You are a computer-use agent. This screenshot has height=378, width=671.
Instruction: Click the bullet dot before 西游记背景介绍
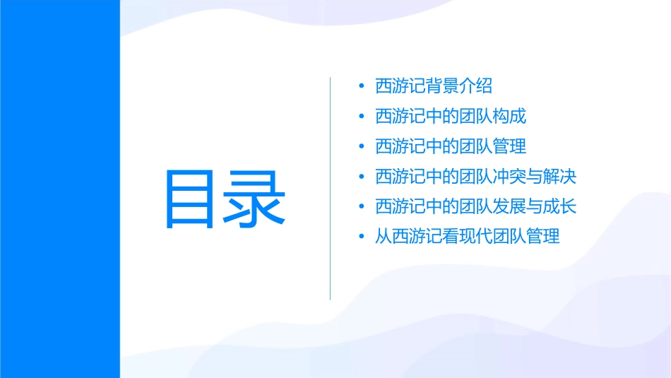pyautogui.click(x=362, y=87)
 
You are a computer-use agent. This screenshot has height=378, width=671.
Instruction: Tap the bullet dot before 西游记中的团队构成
pyautogui.click(x=362, y=117)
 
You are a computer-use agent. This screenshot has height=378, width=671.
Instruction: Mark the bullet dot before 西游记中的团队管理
pyautogui.click(x=362, y=147)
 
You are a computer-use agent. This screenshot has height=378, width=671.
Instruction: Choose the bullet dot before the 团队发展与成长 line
pyautogui.click(x=362, y=207)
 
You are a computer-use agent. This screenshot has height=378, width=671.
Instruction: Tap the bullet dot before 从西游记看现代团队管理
pyautogui.click(x=362, y=237)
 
